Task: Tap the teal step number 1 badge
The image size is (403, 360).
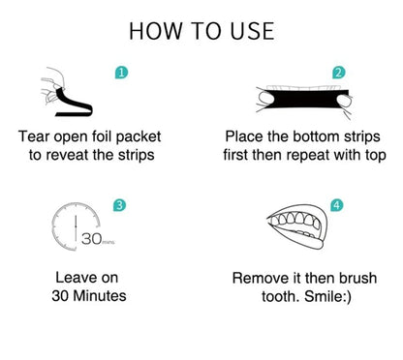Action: click(119, 73)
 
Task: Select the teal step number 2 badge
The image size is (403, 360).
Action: click(338, 73)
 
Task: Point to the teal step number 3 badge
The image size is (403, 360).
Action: click(117, 205)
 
